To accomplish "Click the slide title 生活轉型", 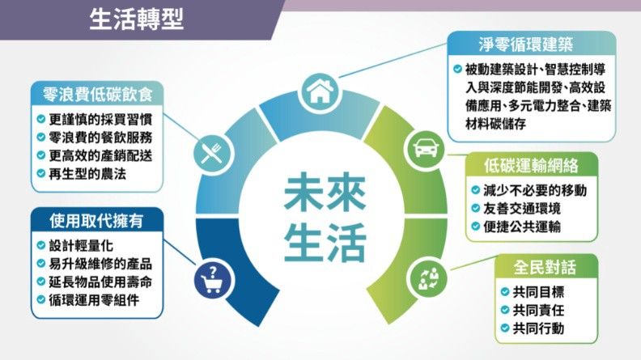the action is pos(137,19).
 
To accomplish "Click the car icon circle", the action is pos(427,149).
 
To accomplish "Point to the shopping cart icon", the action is pos(213,279).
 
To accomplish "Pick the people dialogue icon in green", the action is pos(428,278).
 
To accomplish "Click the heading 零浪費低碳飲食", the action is pos(97,95).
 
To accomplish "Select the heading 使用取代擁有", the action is pos(96,221).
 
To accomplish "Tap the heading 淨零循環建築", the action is pos(526,44).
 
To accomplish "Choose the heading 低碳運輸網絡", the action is pos(531,166).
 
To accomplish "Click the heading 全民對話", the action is pos(545,267).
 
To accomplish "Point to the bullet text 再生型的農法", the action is pos(87,174).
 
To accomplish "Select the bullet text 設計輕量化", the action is pos(81,246).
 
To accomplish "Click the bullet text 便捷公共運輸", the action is pos(522,227).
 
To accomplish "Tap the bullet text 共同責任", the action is pos(538,310).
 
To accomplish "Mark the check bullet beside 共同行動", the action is pos(505,328).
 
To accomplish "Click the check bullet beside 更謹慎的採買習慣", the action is pos(41,119).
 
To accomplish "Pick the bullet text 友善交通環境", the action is pos(522,209).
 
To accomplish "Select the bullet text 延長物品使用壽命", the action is pos(100,282).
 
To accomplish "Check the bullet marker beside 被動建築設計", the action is pos(458,69).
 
